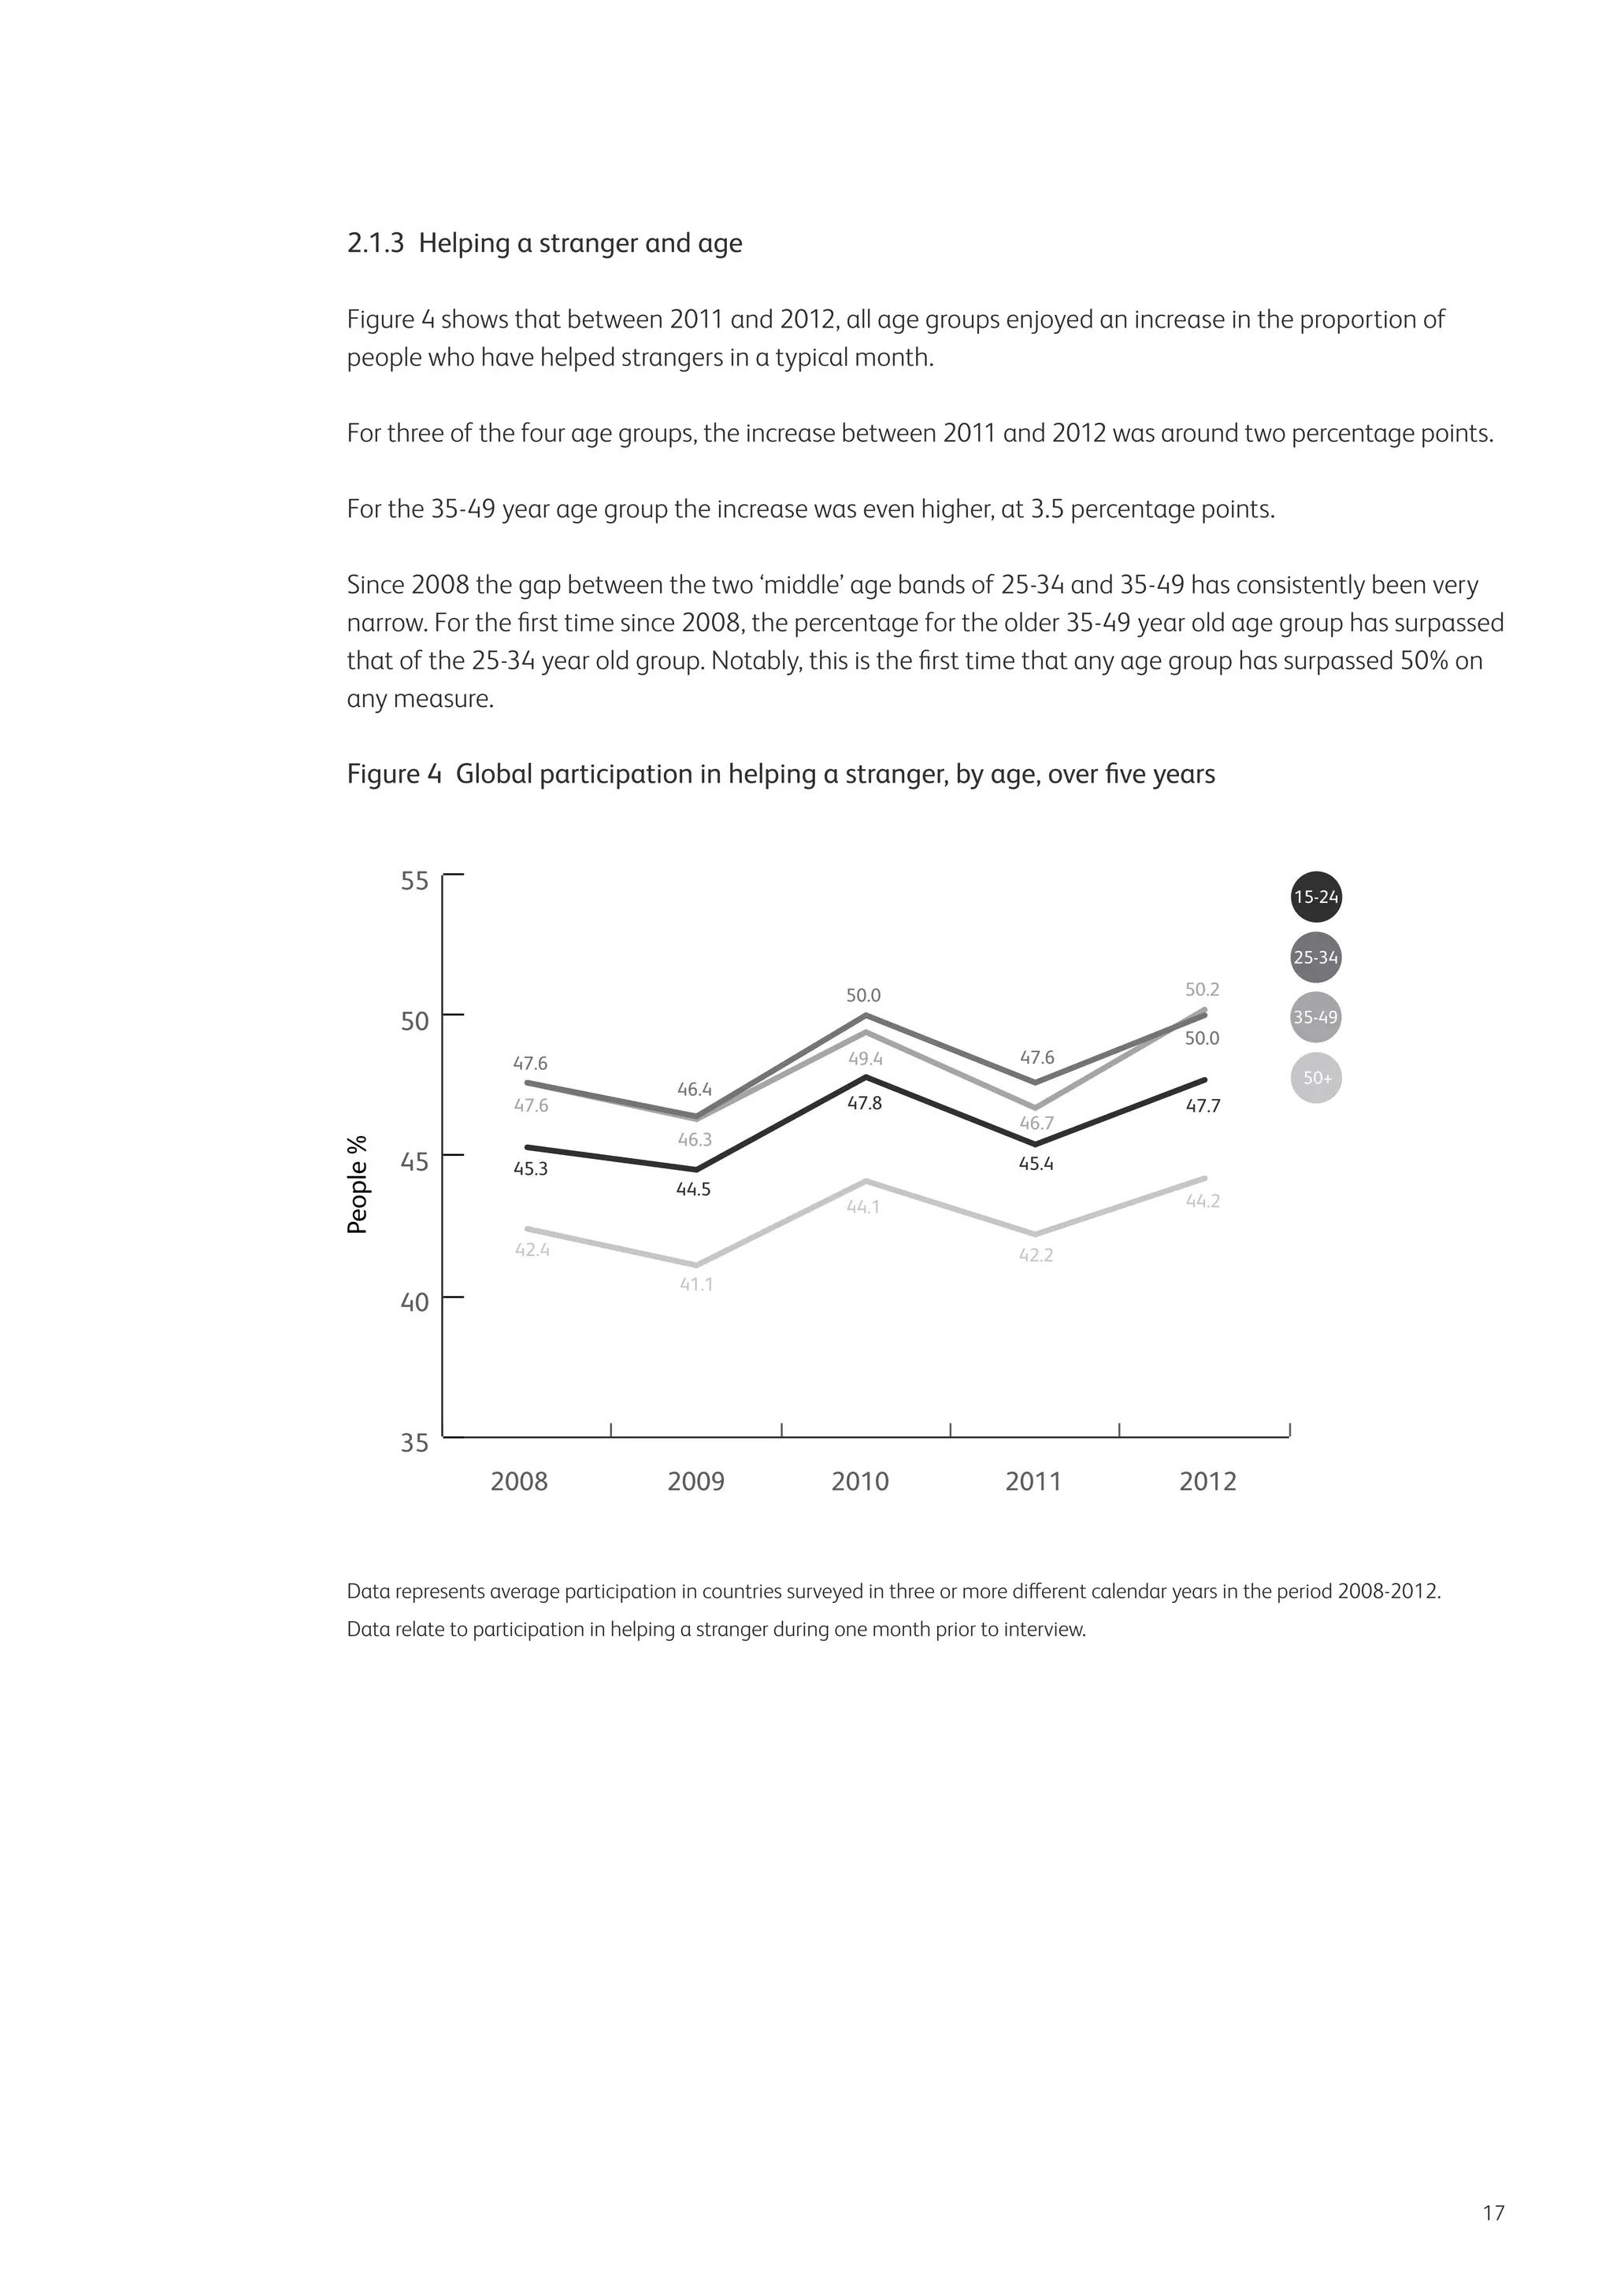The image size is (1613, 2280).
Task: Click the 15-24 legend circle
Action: [x=1316, y=898]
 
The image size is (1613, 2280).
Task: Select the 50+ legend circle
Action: [x=1316, y=1078]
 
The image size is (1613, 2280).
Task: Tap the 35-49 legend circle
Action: [x=1316, y=1018]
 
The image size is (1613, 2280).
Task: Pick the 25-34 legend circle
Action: [x=1316, y=958]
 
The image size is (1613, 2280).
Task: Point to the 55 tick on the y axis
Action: [x=414, y=881]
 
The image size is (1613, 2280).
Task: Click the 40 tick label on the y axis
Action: [x=414, y=1302]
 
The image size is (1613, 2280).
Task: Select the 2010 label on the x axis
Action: [x=860, y=1482]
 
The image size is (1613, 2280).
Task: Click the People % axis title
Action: [x=358, y=1185]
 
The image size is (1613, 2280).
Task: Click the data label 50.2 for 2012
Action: [x=1202, y=990]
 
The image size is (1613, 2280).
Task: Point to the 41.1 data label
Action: [x=695, y=1285]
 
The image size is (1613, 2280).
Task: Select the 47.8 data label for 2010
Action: [x=864, y=1103]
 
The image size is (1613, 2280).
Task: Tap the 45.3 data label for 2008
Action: [x=530, y=1169]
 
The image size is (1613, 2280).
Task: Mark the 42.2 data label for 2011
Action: [x=1036, y=1255]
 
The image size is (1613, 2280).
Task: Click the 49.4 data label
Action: [x=865, y=1060]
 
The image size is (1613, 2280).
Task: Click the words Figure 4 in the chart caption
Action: [x=393, y=775]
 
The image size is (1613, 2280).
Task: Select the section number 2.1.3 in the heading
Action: [x=376, y=244]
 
